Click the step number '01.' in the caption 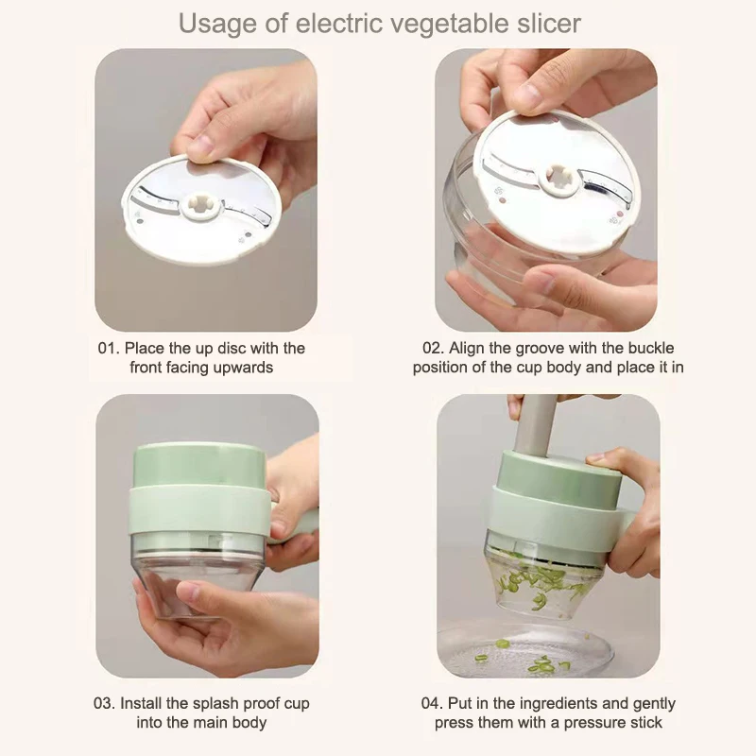click(x=109, y=348)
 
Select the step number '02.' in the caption click(x=434, y=348)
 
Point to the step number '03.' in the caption click(x=105, y=703)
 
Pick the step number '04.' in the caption click(x=432, y=703)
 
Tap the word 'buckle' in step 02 click(x=651, y=348)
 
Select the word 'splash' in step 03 click(x=216, y=704)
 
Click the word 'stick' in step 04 click(x=646, y=723)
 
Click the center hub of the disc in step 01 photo click(x=203, y=209)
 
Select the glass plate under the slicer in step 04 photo click(x=525, y=651)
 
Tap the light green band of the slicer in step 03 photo click(x=200, y=511)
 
